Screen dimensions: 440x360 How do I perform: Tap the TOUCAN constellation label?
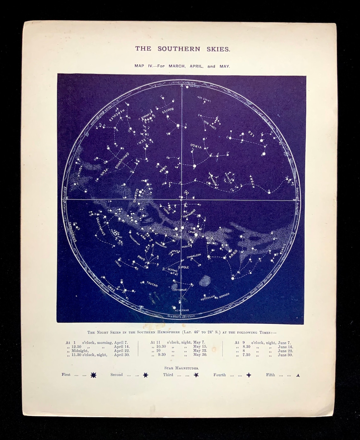coord(152,284)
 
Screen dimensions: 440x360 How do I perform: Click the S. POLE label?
coord(183,267)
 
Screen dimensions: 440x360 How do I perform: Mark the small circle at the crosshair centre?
coord(181,200)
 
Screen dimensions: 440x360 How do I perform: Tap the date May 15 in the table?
coord(200,347)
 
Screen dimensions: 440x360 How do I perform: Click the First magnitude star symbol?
coord(93,375)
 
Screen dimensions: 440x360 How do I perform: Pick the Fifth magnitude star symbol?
coord(298,375)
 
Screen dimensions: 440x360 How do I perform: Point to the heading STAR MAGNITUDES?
coord(179,368)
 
